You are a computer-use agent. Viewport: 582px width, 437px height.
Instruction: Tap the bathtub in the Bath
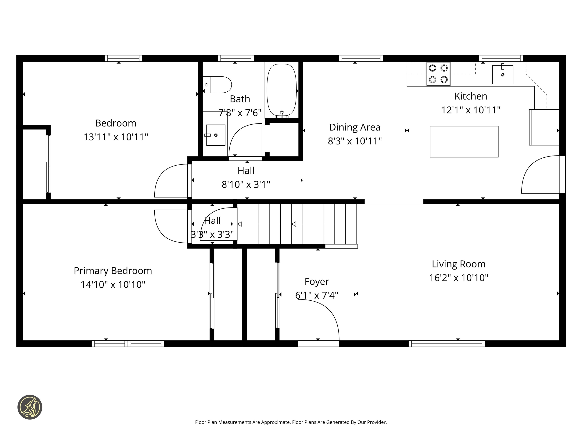282,90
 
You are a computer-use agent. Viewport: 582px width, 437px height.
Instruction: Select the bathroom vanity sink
216,135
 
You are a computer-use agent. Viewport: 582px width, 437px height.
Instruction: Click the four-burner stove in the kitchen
438,74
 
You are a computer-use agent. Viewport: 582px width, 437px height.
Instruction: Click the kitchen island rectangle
464,142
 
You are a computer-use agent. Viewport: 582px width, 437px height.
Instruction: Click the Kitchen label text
471,96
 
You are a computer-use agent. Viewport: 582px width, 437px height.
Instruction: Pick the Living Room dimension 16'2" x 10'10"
459,278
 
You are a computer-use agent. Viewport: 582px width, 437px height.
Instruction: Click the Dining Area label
355,127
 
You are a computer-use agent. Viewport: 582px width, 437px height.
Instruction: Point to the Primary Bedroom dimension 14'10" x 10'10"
113,285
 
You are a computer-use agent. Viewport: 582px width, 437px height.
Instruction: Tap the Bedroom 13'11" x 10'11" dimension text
116,137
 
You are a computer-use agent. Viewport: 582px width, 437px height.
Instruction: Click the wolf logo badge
30,407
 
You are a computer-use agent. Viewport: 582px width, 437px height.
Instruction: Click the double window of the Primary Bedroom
128,343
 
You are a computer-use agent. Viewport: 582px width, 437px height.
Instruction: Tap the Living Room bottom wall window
447,343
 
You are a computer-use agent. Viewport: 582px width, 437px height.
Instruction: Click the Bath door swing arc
245,141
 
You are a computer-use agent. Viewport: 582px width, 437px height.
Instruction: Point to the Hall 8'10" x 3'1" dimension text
246,184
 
